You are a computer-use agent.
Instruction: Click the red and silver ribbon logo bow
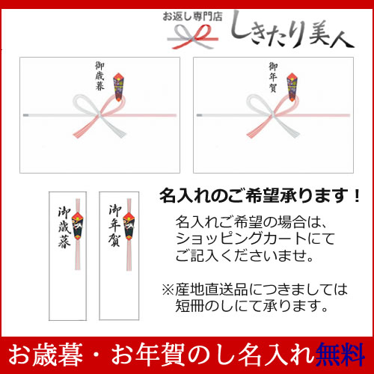[192, 37]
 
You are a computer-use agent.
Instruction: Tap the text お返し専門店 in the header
[192, 16]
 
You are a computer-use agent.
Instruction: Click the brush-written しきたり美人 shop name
[292, 30]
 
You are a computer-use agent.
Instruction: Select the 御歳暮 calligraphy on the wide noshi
[99, 76]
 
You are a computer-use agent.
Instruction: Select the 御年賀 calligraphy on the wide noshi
[273, 77]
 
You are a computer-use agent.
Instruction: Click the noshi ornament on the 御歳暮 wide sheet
[119, 87]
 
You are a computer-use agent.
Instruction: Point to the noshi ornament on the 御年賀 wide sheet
[292, 87]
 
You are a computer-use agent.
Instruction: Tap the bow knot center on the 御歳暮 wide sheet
[99, 115]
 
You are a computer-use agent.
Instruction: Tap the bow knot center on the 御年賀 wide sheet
[273, 115]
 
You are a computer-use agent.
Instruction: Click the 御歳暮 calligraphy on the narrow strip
[64, 227]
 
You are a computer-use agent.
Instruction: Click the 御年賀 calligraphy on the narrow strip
[115, 226]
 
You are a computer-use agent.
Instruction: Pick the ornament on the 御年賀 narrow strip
[129, 227]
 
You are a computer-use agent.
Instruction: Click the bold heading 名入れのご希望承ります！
[260, 196]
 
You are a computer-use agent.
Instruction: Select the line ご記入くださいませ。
[245, 255]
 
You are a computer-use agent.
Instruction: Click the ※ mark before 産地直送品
[168, 289]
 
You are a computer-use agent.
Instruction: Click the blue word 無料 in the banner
[340, 354]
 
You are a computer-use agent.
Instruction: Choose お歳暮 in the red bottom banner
[46, 355]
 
